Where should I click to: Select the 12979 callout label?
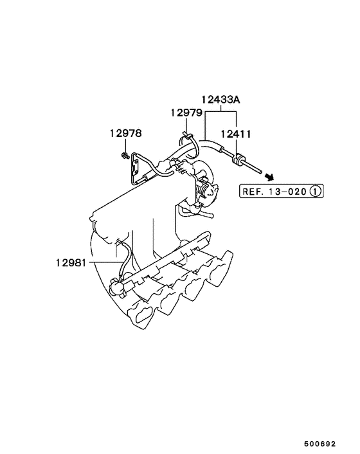pos(186,113)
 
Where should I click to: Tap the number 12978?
pos(125,134)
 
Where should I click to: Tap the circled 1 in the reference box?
pos(315,191)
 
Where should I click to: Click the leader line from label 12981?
pos(106,262)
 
